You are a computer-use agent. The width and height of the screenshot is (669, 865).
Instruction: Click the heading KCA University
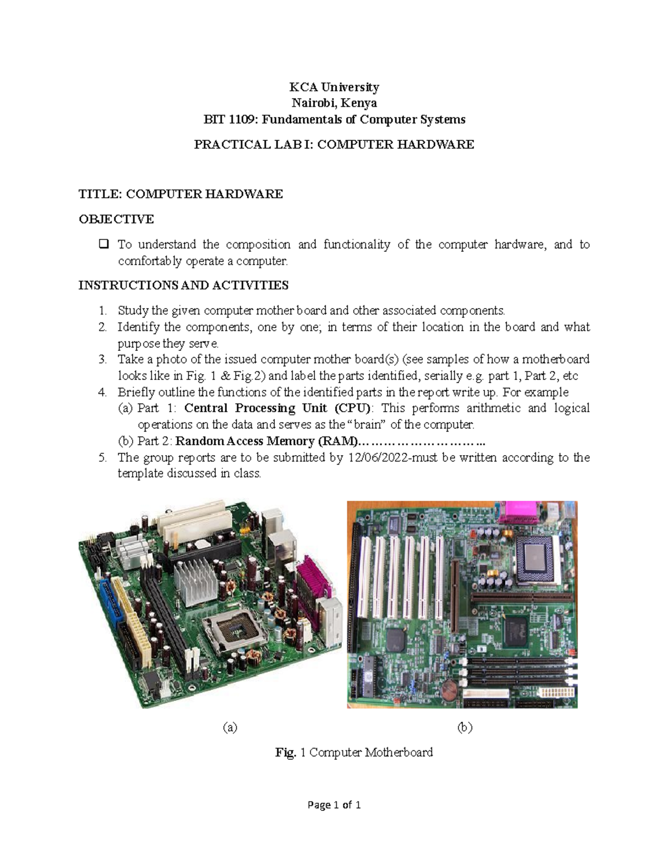point(334,87)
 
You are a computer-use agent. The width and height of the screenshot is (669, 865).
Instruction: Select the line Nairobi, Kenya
point(334,103)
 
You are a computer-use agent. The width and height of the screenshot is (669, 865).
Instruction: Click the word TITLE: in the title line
point(100,194)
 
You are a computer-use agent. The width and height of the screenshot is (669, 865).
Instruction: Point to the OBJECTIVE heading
point(116,219)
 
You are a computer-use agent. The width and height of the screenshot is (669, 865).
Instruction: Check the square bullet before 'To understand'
point(103,244)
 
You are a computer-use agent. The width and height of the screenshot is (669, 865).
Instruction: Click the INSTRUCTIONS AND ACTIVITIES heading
point(183,285)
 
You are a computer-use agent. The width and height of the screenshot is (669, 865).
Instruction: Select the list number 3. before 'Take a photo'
point(102,359)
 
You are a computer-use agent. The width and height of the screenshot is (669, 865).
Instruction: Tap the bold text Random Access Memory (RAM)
point(265,441)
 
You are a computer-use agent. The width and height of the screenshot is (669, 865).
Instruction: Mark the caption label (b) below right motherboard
point(464,727)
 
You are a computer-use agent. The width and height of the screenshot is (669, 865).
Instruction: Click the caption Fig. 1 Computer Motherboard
point(353,752)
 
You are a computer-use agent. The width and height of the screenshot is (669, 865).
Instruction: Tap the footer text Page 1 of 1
point(334,805)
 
